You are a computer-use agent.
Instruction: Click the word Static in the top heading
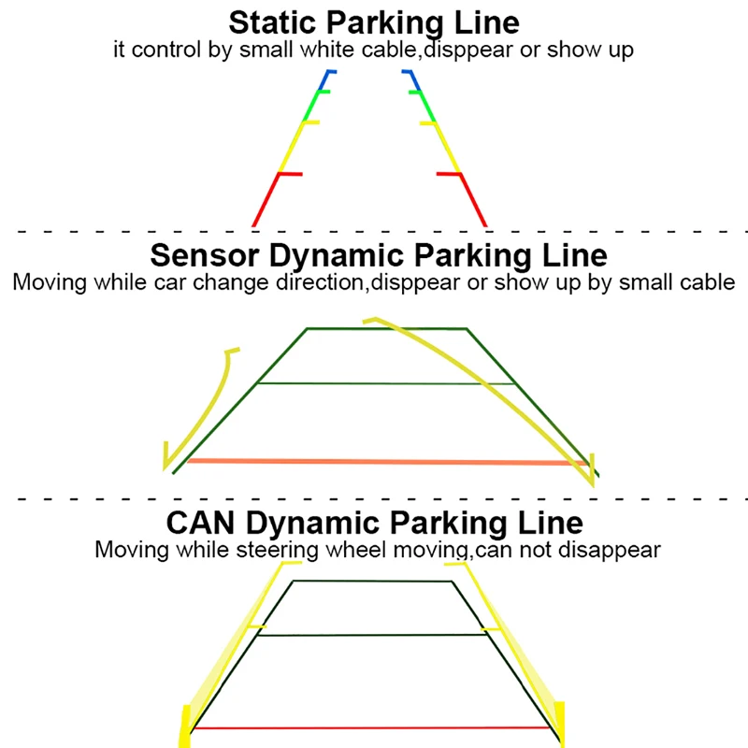point(272,22)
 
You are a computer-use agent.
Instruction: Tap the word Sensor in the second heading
point(205,255)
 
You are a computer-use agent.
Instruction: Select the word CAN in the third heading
point(200,523)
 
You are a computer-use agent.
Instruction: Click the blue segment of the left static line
point(326,80)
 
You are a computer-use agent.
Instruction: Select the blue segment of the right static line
point(412,80)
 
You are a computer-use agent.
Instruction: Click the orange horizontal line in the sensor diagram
point(387,462)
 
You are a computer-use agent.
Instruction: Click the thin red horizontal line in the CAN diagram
point(371,728)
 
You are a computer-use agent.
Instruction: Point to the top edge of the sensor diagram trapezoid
point(387,328)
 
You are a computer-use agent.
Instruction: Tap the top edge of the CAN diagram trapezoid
point(372,581)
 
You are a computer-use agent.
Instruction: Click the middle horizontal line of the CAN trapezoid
point(372,635)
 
